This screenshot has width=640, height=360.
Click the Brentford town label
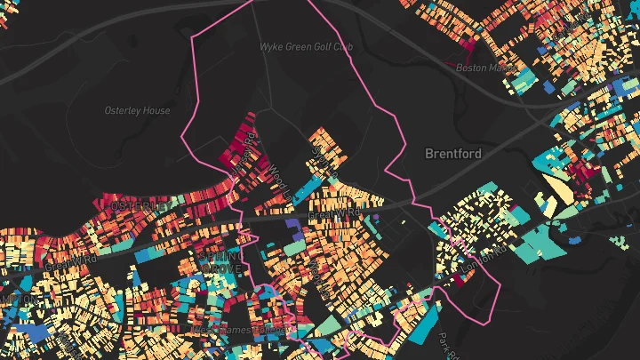(x=453, y=154)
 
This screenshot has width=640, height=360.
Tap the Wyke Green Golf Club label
(x=301, y=46)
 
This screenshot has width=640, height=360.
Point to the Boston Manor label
(x=480, y=67)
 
